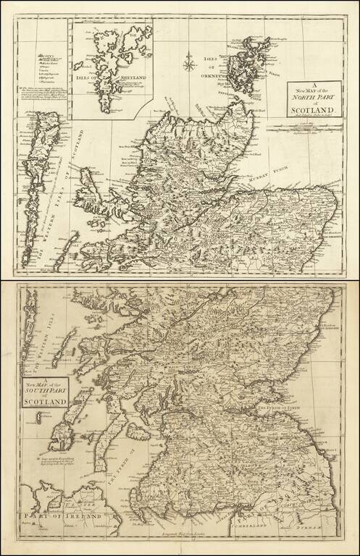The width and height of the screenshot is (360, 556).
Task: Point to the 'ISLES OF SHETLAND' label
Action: click(x=109, y=79)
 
